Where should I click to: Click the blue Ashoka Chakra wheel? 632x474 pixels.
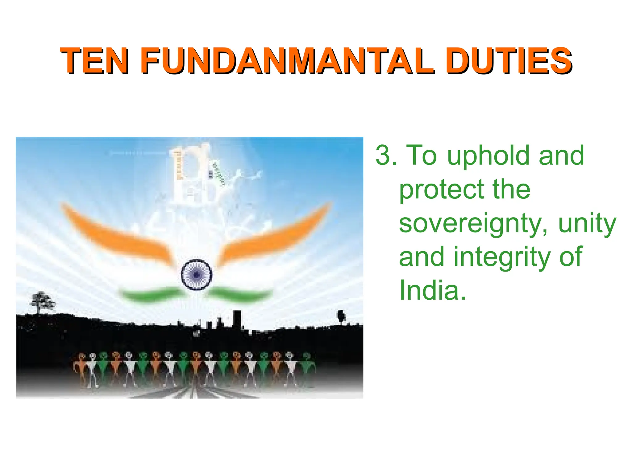click(x=197, y=274)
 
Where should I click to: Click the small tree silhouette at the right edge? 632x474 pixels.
click(x=341, y=316)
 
